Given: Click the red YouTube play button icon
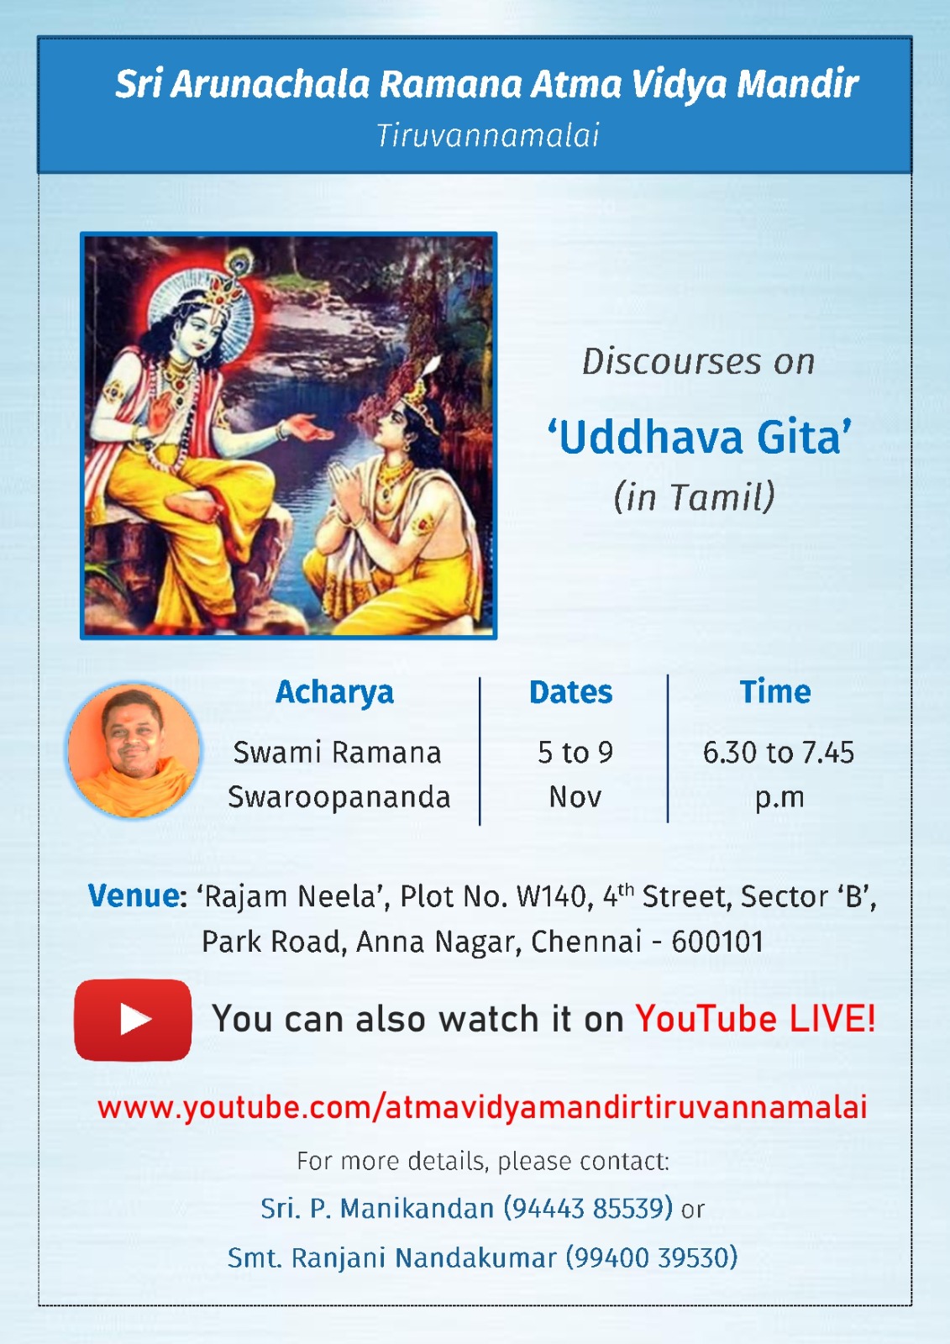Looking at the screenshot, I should pyautogui.click(x=133, y=1019).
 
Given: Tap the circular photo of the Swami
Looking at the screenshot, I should pyautogui.click(x=134, y=750).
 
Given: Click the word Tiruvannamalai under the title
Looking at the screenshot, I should pyautogui.click(x=487, y=135).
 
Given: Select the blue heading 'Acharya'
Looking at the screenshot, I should pyautogui.click(x=334, y=692).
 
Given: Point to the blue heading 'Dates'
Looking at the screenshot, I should pyautogui.click(x=570, y=692).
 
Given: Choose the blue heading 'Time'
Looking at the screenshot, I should pyautogui.click(x=774, y=692).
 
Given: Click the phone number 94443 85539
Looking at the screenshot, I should pyautogui.click(x=588, y=1208).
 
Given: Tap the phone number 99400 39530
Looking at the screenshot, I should pyautogui.click(x=652, y=1257).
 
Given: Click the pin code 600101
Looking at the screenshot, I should pyautogui.click(x=717, y=942).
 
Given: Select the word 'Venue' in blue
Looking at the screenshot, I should pyautogui.click(x=134, y=896).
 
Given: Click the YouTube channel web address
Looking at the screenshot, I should pyautogui.click(x=482, y=1107).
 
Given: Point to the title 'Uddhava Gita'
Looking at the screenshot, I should pyautogui.click(x=699, y=438).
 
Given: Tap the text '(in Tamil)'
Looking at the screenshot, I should pyautogui.click(x=694, y=496).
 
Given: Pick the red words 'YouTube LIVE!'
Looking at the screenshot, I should pyautogui.click(x=755, y=1019).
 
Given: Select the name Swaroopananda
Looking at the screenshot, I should pyautogui.click(x=339, y=797).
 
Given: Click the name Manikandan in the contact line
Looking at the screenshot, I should pyautogui.click(x=417, y=1208).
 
